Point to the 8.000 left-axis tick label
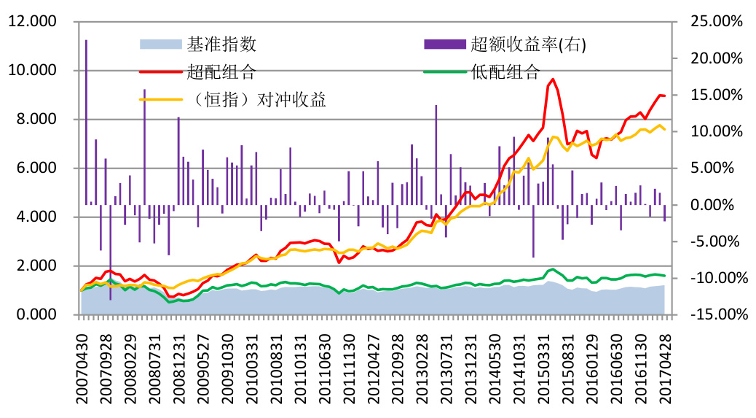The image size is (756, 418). click(34, 120)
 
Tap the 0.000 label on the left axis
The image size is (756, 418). click(34, 314)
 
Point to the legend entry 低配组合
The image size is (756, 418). click(505, 71)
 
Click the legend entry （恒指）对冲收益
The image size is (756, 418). click(256, 99)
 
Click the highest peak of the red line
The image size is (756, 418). click(553, 79)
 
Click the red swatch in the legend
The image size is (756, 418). click(160, 71)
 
